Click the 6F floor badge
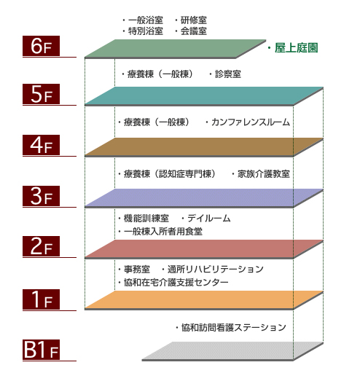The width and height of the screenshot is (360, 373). pos(41,46)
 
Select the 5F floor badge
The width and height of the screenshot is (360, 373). pos(41,94)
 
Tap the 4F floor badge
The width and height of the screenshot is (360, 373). pos(41,145)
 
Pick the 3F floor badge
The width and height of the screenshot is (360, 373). pos(41,196)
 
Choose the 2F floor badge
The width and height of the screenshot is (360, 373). pos(41,246)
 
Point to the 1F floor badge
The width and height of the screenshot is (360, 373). pos(41,299)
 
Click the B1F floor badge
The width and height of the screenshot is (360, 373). pos(41,350)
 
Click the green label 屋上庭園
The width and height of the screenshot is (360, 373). pos(296,48)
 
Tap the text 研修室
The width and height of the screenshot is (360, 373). pos(194,20)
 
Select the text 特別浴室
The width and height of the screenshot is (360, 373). pos(146,31)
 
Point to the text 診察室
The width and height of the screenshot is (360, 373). pos(228,74)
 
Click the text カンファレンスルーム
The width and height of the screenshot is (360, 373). pos(251,122)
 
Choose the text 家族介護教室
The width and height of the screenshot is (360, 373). pos(264,174)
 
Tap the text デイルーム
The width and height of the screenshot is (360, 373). pos(209,219)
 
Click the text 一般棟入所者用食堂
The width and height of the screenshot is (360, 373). pos(163,232)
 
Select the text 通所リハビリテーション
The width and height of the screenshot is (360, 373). pos(216,269)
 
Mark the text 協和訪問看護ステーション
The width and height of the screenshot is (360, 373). pos(234,328)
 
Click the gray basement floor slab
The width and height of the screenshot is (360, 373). pos(232,351)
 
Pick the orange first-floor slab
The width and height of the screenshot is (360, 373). pos(204,300)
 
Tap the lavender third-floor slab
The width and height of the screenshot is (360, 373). pos(204,198)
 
